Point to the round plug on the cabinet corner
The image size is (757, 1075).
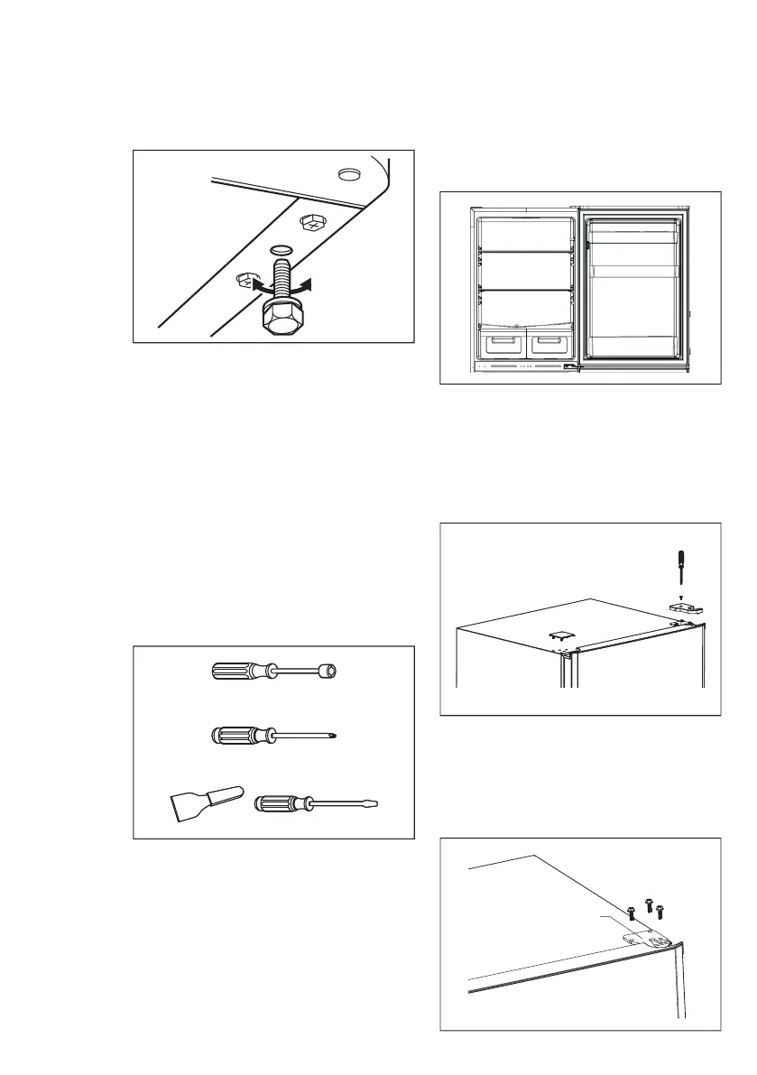pos(347,172)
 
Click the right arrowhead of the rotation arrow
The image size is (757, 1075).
pos(310,285)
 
